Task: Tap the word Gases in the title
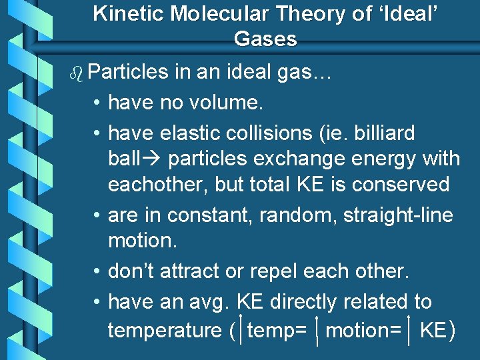[265, 39]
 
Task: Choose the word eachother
[158, 184]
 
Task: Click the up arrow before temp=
[240, 329]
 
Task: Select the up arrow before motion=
[319, 329]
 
